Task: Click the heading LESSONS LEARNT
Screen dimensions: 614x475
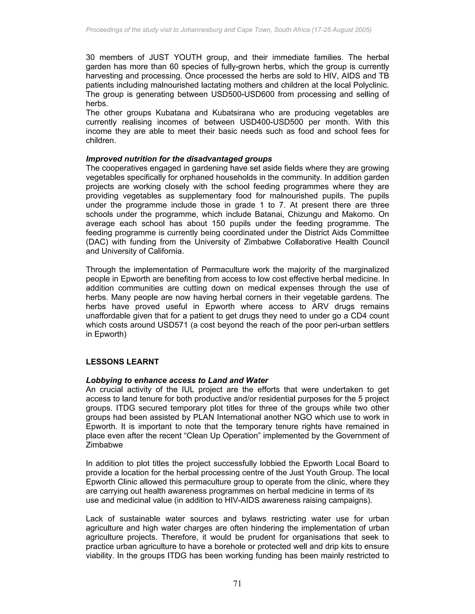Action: pyautogui.click(x=122, y=362)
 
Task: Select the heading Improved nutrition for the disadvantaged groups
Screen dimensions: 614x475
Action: pyautogui.click(x=179, y=159)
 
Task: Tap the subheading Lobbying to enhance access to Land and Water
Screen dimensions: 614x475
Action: pyautogui.click(x=177, y=380)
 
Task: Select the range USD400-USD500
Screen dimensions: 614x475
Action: pyautogui.click(x=271, y=122)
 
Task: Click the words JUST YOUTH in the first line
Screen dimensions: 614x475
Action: pyautogui.click(x=175, y=58)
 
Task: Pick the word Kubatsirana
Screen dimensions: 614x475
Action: pyautogui.click(x=233, y=113)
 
